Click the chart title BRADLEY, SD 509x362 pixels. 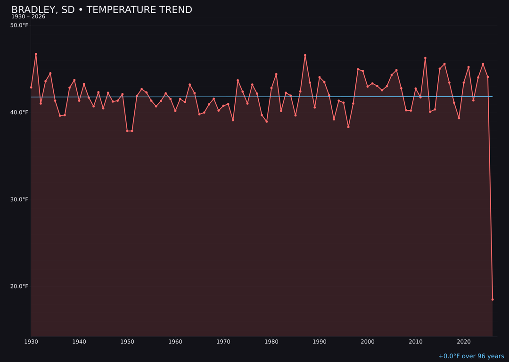(101, 10)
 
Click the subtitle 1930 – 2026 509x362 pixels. (28, 17)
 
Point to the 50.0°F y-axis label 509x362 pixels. (19, 25)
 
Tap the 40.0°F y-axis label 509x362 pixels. (19, 112)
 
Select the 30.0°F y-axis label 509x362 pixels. (19, 199)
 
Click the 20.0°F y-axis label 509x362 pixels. (19, 287)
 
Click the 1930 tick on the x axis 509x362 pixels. (31, 342)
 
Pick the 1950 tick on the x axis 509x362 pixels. (127, 342)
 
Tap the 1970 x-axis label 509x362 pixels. (223, 342)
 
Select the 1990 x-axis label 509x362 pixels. (320, 342)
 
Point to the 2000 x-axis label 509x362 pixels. (368, 342)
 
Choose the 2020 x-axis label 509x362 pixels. (464, 342)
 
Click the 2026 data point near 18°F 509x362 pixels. (493, 299)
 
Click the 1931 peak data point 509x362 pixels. (36, 54)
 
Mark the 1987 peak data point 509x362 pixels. (305, 55)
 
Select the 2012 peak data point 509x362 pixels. (425, 58)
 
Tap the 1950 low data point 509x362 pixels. (127, 131)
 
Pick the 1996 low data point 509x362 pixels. (348, 127)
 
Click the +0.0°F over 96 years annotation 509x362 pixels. (471, 356)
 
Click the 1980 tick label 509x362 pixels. (271, 342)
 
